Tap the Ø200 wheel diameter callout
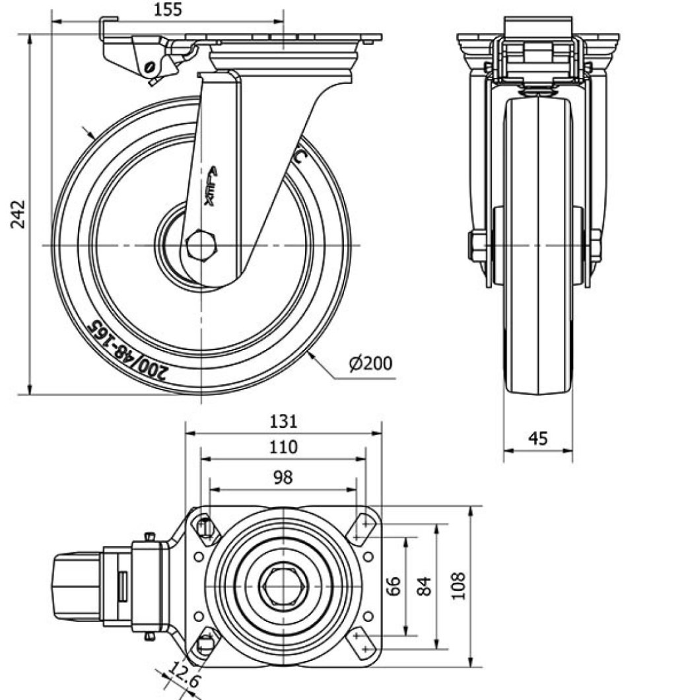370,363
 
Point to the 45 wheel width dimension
539,438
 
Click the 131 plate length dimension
283,421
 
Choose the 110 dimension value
283,447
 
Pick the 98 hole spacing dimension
283,477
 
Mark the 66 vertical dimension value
393,586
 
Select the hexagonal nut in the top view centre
283,586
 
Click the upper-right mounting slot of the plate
362,526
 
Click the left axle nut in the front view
477,246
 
